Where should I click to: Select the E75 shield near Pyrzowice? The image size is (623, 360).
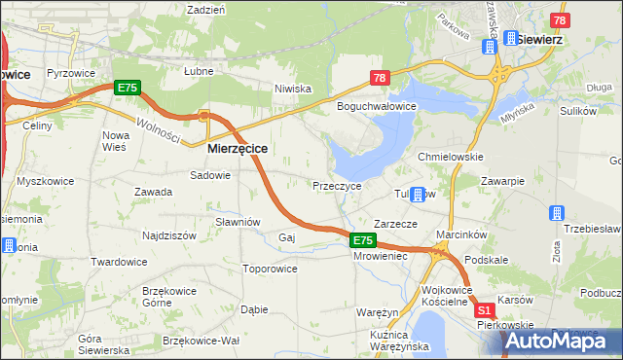point(128,88)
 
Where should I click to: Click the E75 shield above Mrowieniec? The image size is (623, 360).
point(362,240)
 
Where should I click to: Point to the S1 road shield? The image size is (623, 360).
point(485,310)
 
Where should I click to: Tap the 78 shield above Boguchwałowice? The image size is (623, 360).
point(380,78)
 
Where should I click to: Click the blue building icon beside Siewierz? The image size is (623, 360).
point(508,38)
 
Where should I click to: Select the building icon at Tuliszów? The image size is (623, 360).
point(418,194)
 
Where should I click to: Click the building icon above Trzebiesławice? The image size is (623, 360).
point(557,212)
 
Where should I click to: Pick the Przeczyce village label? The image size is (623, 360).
point(337,185)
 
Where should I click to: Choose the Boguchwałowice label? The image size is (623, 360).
point(377,105)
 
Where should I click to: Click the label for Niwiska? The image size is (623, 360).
point(292,89)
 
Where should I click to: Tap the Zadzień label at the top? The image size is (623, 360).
point(205,9)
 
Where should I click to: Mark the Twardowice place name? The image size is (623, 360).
point(118,262)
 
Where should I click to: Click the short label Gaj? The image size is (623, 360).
point(286,237)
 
